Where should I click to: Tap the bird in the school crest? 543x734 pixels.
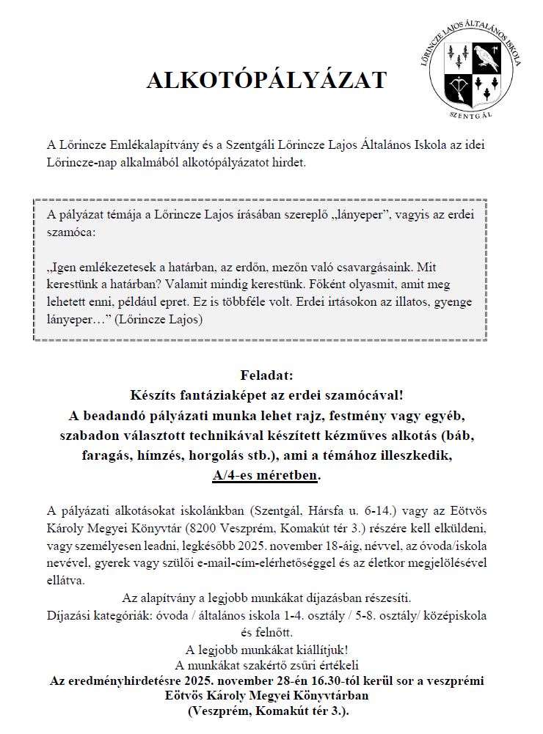(x=485, y=56)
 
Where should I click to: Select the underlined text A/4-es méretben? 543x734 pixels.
(x=266, y=476)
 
